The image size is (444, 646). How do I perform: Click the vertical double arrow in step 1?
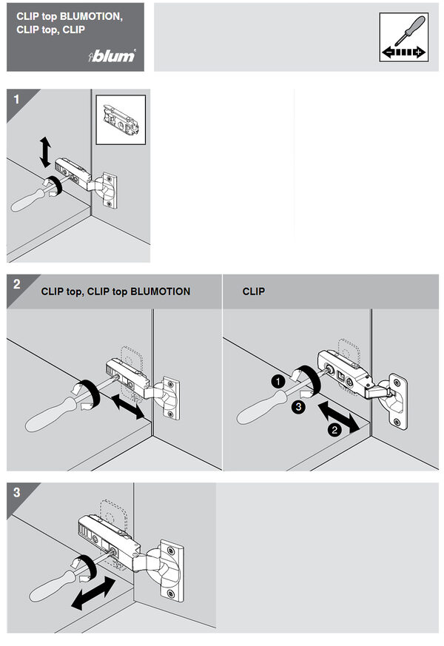pos(45,152)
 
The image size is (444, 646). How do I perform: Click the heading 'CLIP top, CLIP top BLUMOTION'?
pos(115,292)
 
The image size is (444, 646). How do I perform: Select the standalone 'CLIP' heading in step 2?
pos(253,292)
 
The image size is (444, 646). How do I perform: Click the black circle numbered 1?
pos(276,381)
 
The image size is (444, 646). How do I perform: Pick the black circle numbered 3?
pos(296,406)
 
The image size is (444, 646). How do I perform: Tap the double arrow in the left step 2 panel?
pos(125,407)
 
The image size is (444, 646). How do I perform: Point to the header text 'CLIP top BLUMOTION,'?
pos(70,15)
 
